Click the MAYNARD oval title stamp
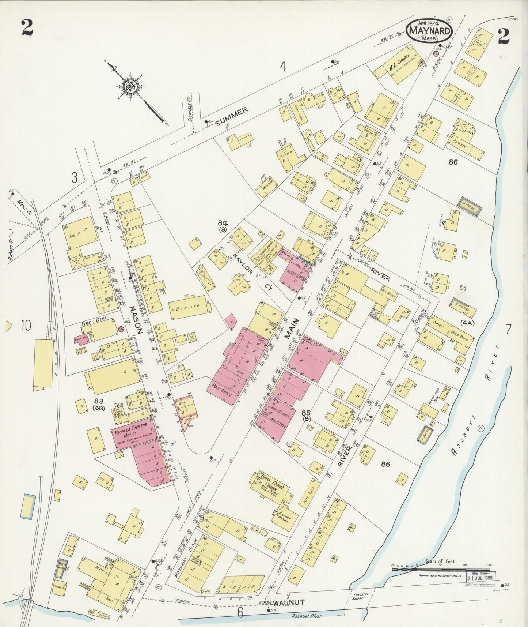click(x=429, y=29)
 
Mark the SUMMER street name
click(x=231, y=116)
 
